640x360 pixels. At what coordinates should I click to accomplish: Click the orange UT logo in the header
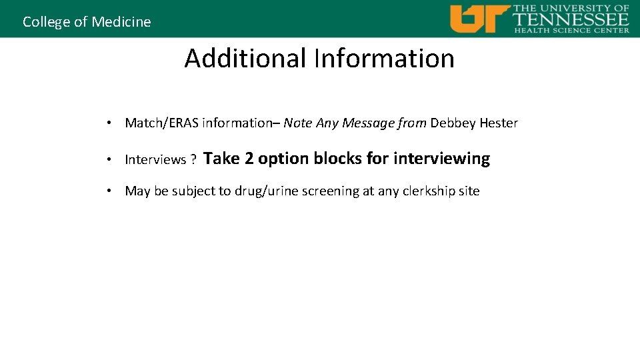(x=479, y=19)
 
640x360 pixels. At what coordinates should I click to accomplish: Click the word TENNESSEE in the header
(x=570, y=19)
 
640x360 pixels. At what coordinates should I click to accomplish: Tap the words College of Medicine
(x=87, y=22)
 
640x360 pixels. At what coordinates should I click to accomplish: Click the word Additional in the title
(x=245, y=59)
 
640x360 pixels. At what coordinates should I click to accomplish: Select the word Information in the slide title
(x=385, y=59)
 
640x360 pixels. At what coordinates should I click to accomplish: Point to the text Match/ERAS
(x=162, y=123)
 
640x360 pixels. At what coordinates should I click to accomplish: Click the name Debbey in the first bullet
(x=453, y=123)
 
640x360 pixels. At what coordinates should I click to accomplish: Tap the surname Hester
(x=499, y=123)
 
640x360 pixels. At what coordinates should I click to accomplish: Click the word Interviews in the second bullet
(x=155, y=159)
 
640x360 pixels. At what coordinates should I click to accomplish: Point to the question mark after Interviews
(x=193, y=159)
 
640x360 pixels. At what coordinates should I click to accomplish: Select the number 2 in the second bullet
(x=249, y=159)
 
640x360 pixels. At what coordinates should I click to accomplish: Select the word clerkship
(x=431, y=191)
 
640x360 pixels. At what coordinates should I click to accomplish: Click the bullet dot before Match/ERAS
(x=107, y=123)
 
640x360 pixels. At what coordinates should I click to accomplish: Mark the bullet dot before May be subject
(x=107, y=191)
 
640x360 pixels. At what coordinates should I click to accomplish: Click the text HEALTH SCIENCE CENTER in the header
(x=571, y=30)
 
